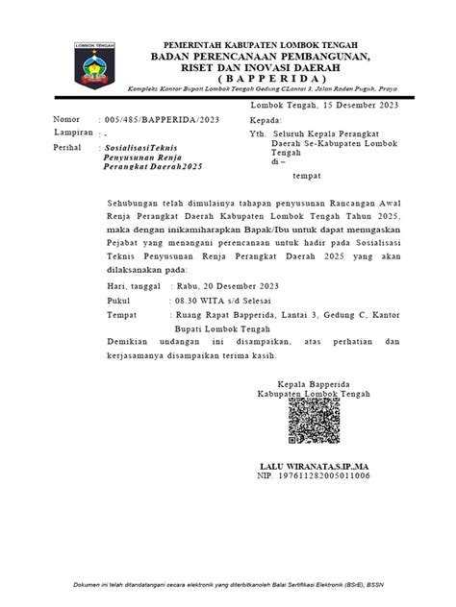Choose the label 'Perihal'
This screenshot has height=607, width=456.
click(x=69, y=149)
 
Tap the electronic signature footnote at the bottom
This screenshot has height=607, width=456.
click(x=228, y=583)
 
